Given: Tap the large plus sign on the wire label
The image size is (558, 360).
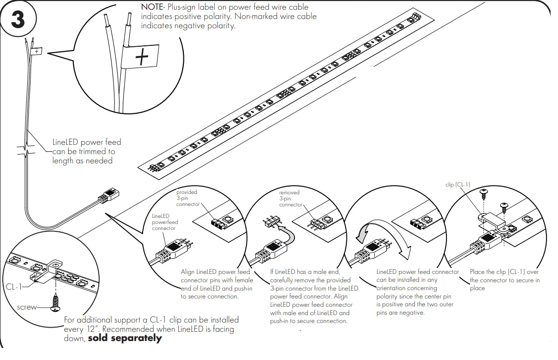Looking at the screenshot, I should (143, 58).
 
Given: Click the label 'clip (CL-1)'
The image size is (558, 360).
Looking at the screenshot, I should (458, 185).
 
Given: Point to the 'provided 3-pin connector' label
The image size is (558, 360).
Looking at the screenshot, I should (187, 198).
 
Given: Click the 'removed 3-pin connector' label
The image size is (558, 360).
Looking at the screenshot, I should (290, 198).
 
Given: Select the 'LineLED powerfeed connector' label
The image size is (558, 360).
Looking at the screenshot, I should (164, 222).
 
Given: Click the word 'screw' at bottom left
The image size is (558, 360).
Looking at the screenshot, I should (26, 307).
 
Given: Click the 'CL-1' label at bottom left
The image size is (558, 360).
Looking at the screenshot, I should (14, 287).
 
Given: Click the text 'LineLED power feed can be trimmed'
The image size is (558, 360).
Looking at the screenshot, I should (86, 151).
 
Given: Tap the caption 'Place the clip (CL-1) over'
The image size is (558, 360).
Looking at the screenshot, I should (504, 272).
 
